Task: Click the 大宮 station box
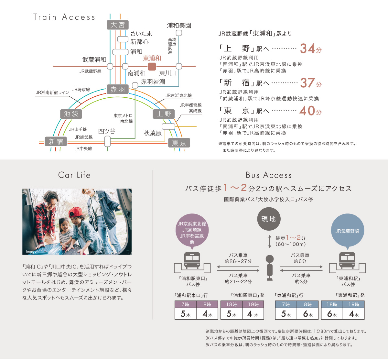118,25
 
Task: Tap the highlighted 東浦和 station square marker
152,66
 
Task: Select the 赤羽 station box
118,90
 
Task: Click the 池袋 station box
71,114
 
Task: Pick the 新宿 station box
56,142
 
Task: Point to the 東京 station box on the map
179,143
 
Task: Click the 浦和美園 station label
179,26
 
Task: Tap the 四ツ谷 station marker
108,141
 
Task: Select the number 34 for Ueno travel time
307,49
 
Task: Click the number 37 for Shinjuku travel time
307,83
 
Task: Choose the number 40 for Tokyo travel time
307,111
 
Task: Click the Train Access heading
64,17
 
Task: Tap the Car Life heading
74,175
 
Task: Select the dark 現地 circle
269,219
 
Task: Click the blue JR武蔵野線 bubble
348,231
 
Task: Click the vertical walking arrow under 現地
270,242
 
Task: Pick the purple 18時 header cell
231,304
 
